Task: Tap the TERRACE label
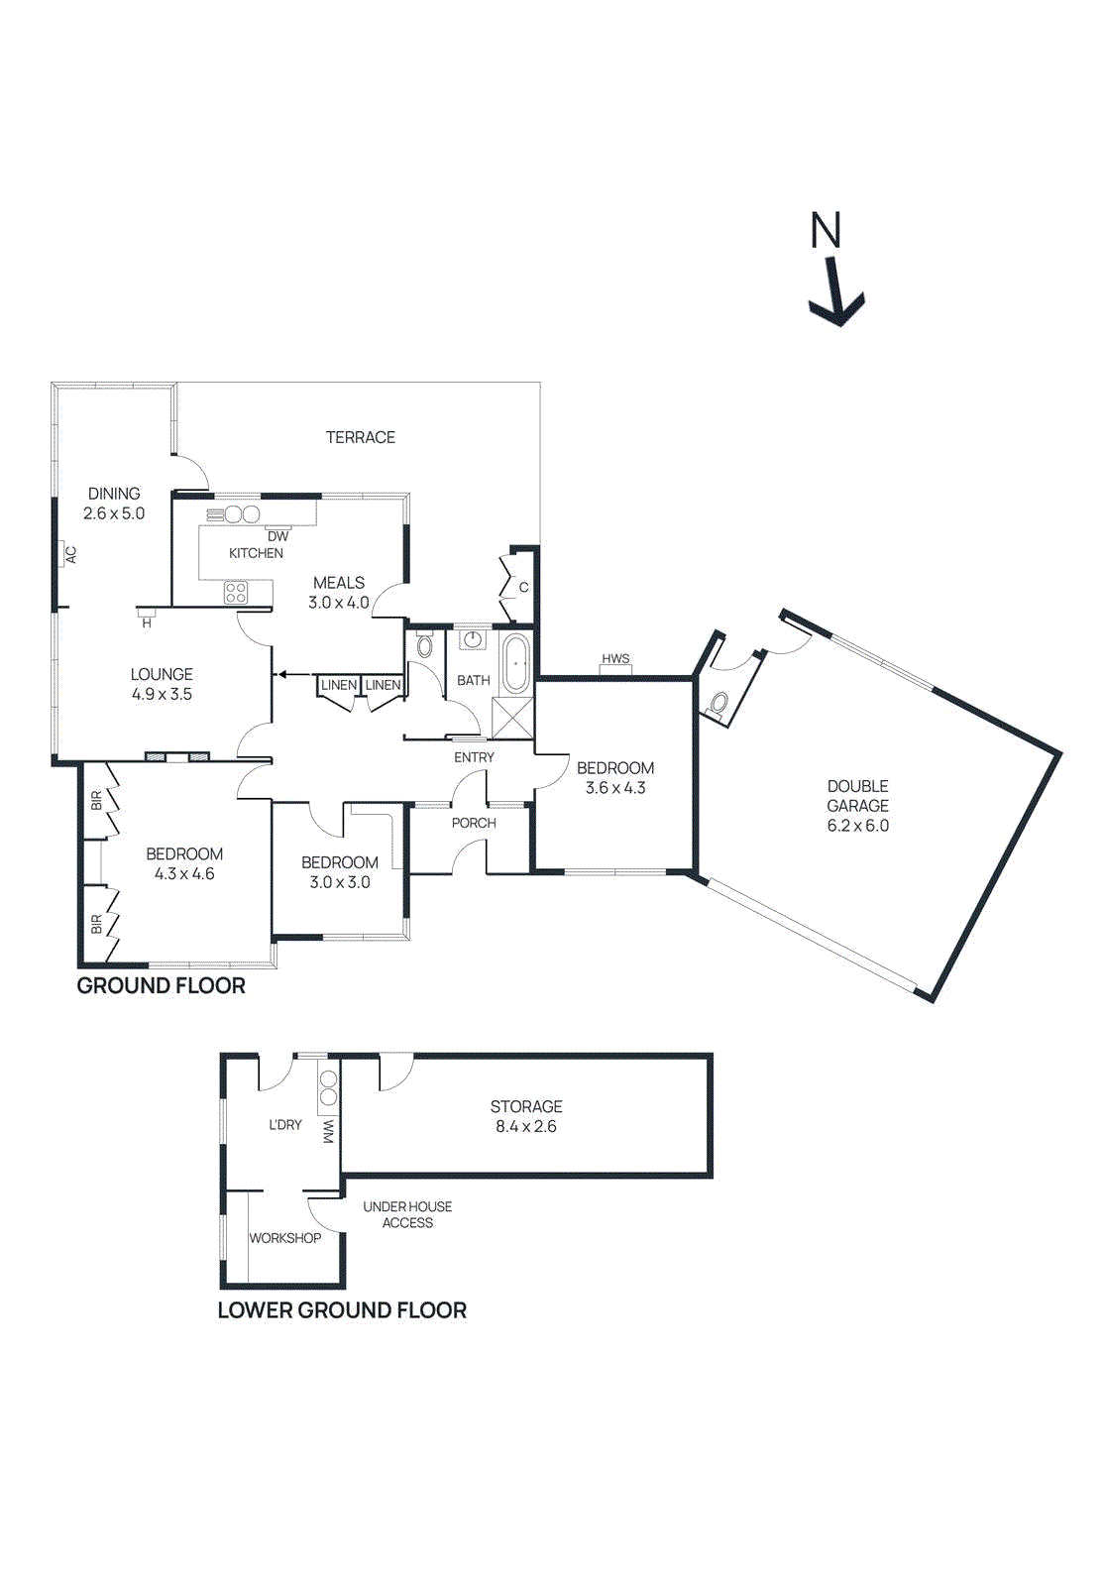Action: coord(360,437)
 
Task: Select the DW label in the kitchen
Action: coord(278,536)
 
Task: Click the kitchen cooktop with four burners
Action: coord(236,593)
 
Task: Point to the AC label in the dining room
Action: coord(71,555)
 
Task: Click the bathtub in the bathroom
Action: coord(515,664)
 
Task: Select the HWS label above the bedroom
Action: coord(615,659)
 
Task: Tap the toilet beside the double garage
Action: coord(718,703)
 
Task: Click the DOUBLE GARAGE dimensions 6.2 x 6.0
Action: coord(858,826)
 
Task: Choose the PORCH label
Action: coord(474,823)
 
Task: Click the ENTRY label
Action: coord(474,757)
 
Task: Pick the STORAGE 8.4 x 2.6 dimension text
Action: coord(526,1127)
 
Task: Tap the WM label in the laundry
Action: coord(328,1132)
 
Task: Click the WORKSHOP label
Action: coord(285,1238)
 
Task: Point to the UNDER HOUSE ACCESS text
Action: coord(407,1214)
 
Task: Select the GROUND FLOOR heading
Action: coord(162,986)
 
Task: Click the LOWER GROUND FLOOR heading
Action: coord(342,1310)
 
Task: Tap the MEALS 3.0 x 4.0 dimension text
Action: coord(339,603)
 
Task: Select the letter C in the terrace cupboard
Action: coord(524,588)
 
